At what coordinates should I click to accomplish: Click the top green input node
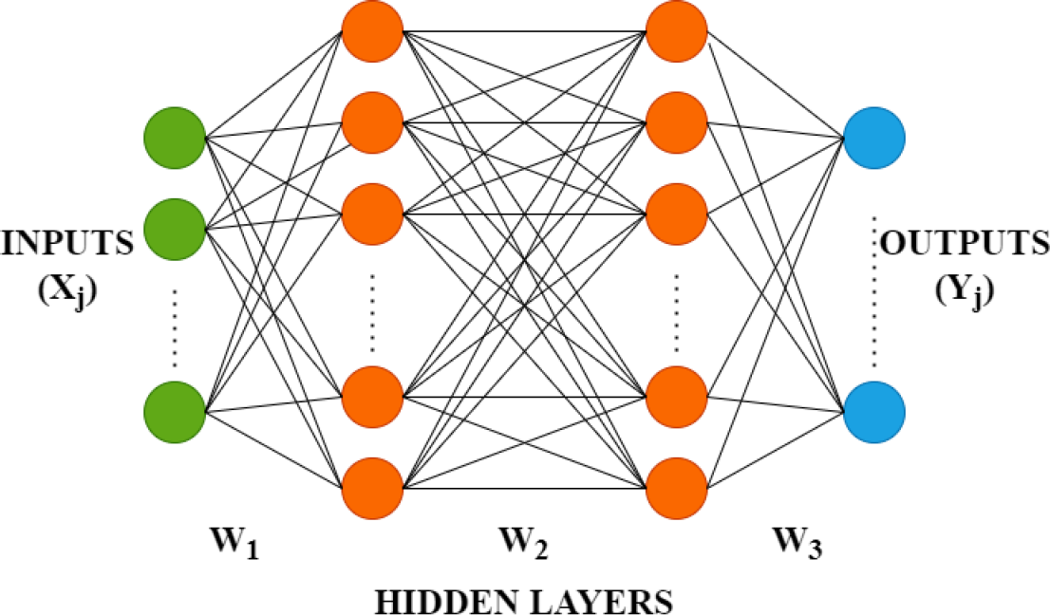(x=175, y=139)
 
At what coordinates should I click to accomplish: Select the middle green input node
(x=175, y=226)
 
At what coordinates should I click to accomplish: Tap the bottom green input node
(x=175, y=413)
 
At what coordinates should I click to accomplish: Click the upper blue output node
(x=874, y=139)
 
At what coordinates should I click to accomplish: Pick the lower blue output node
(x=874, y=413)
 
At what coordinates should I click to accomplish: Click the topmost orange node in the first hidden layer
(x=372, y=30)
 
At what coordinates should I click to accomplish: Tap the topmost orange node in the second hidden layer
(x=677, y=30)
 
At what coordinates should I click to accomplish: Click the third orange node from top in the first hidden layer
(x=372, y=213)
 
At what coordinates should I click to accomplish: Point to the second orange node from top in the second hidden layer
(x=677, y=121)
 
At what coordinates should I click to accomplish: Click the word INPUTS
(x=67, y=244)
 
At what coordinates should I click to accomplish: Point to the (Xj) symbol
(x=67, y=289)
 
